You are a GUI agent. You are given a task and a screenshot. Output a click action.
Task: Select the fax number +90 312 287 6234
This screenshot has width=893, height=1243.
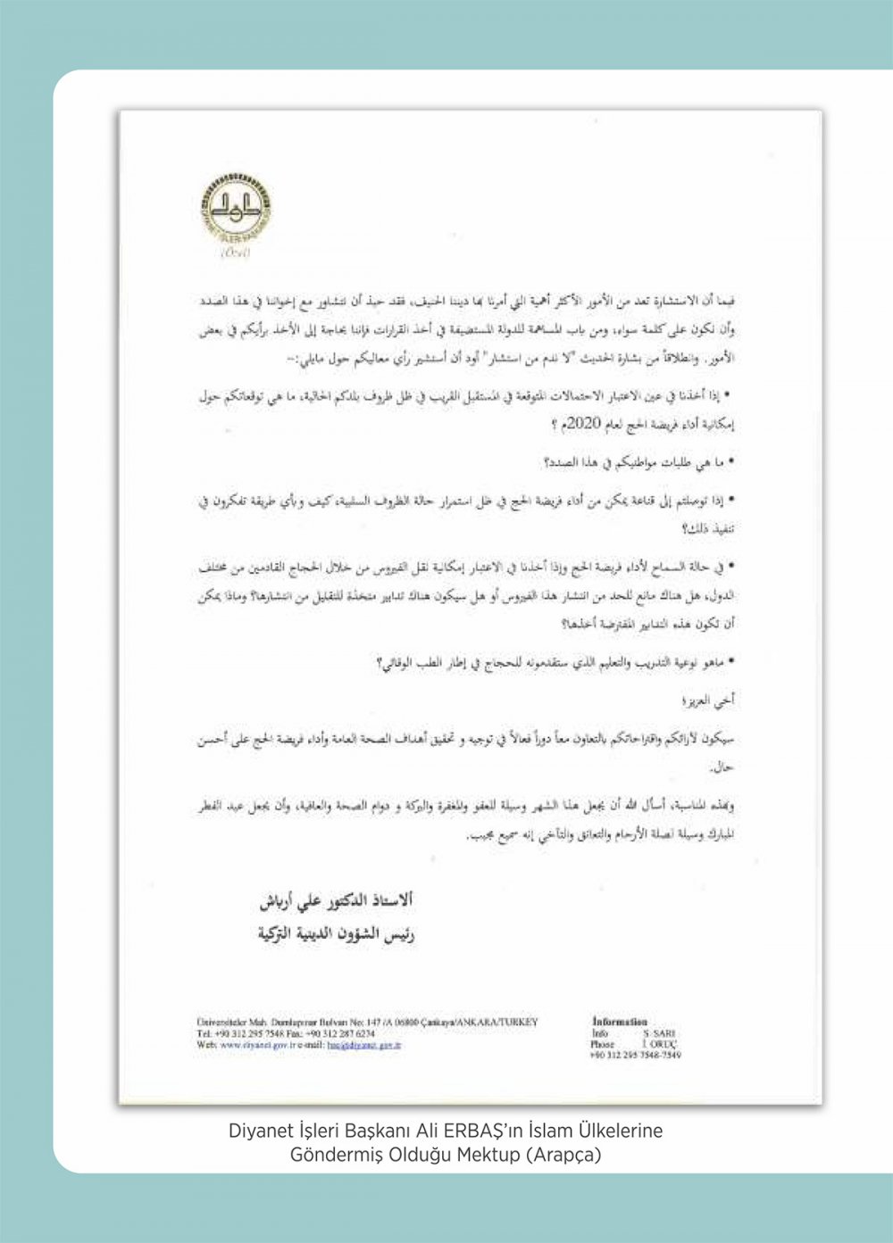(x=347, y=1032)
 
